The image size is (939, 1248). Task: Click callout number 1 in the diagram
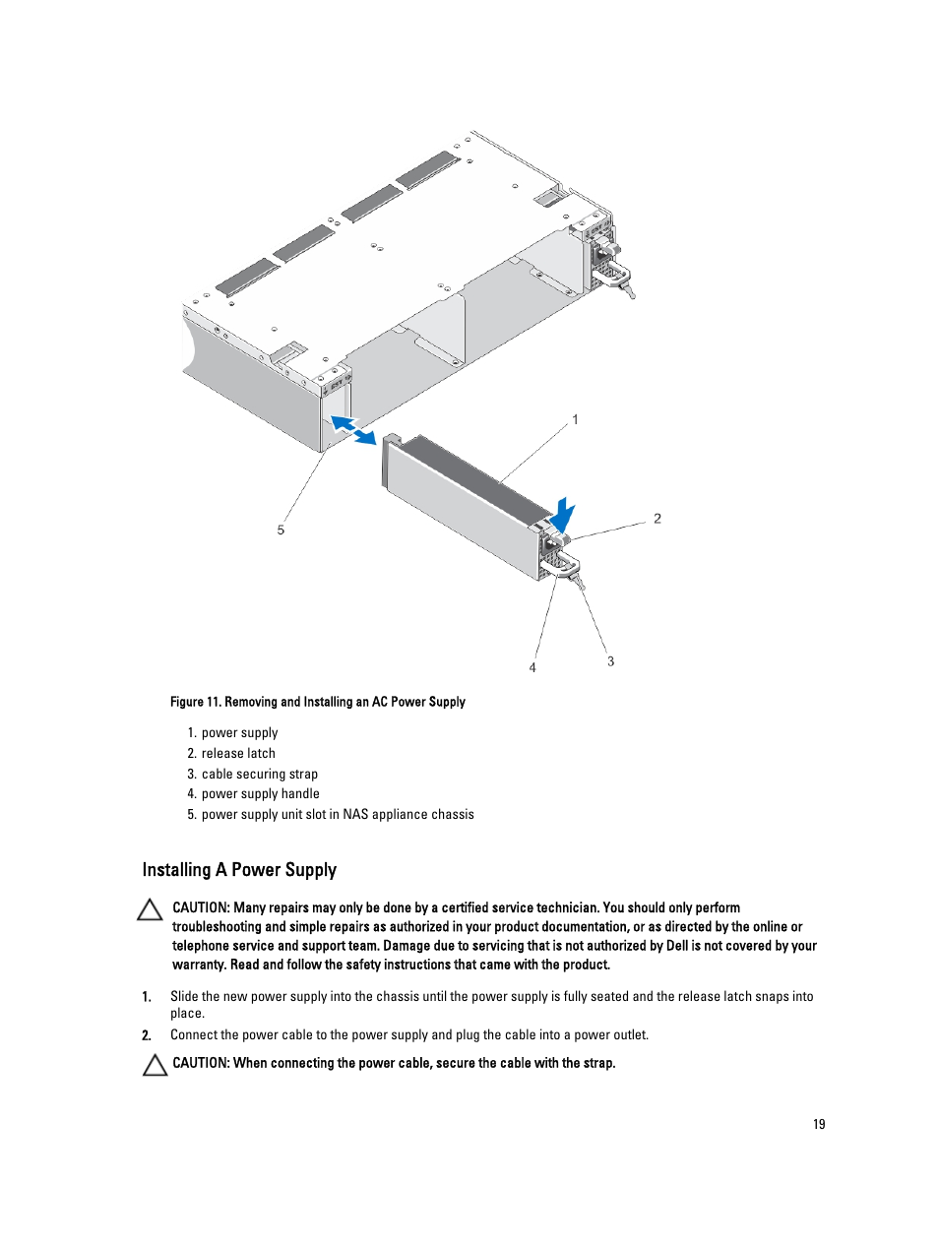[576, 419]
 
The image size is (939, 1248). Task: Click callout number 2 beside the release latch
[657, 519]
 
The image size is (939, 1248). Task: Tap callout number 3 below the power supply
[610, 661]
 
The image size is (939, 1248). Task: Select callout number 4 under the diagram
[532, 667]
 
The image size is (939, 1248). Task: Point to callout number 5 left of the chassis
[281, 530]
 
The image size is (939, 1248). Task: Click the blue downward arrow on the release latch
[562, 515]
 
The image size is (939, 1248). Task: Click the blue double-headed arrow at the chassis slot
[352, 429]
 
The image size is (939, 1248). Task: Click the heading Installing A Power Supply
[239, 870]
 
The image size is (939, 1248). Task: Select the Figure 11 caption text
[317, 702]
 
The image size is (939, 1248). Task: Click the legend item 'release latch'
[238, 753]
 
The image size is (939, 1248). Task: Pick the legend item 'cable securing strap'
[260, 774]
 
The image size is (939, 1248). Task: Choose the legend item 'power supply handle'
[260, 793]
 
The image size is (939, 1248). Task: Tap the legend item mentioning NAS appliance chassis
[338, 814]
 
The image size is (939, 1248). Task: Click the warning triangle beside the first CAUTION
[151, 909]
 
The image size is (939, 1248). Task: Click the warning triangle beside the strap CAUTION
[155, 1065]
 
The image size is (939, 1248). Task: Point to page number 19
[819, 1124]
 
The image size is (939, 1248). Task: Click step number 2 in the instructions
[147, 1035]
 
